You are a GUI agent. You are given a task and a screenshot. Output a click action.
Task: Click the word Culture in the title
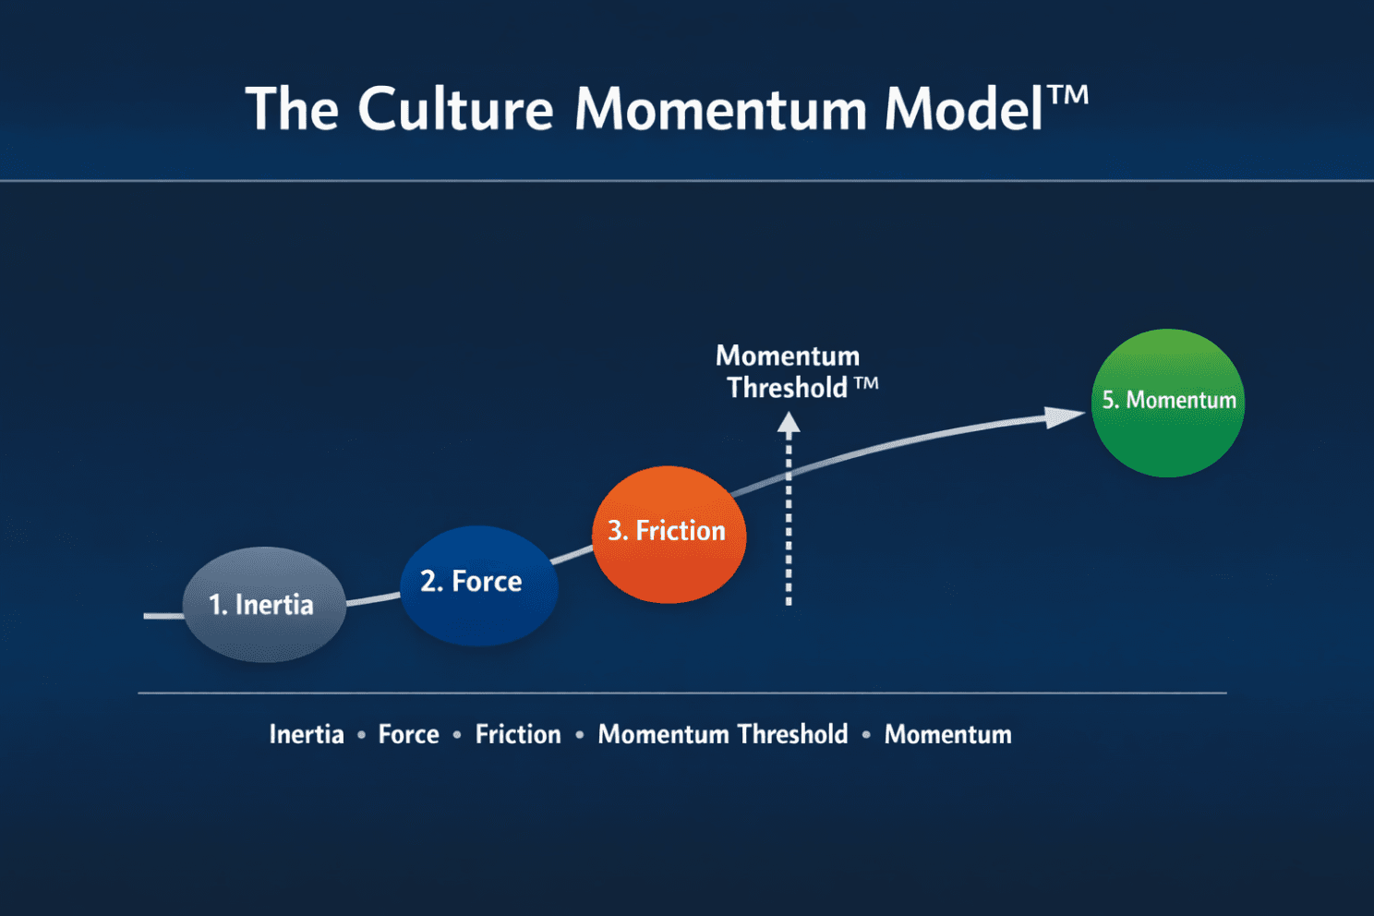tap(455, 109)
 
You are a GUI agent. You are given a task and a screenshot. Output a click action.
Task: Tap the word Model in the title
tap(963, 109)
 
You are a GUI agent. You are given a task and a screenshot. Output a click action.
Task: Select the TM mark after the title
tap(1068, 94)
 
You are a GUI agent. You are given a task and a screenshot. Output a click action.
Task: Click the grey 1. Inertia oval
tap(264, 605)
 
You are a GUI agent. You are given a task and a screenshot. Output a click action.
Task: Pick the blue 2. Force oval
tap(478, 584)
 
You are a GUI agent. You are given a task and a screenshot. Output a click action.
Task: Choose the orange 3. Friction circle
tap(668, 534)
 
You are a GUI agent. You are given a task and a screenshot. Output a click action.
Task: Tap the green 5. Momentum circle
tap(1167, 402)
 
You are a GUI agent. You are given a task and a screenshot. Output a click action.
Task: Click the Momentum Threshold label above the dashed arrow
tap(788, 371)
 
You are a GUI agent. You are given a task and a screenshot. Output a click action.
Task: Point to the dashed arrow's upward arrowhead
tap(789, 424)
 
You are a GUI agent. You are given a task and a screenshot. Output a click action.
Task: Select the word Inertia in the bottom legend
tap(307, 734)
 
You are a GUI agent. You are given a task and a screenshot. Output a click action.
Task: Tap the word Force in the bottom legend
tap(408, 734)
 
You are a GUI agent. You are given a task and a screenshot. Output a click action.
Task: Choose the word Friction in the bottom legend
tap(518, 734)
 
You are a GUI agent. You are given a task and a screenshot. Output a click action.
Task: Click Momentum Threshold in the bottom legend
tap(722, 734)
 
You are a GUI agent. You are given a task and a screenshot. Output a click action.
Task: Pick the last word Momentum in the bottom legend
tap(947, 734)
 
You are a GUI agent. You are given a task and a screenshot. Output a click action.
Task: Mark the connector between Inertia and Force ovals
tap(373, 599)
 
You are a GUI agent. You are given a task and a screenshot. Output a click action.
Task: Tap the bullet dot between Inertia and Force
tap(361, 735)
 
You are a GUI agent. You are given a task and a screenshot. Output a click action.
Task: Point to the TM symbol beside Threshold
tap(865, 383)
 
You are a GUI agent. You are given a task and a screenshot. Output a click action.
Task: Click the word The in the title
tap(292, 109)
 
